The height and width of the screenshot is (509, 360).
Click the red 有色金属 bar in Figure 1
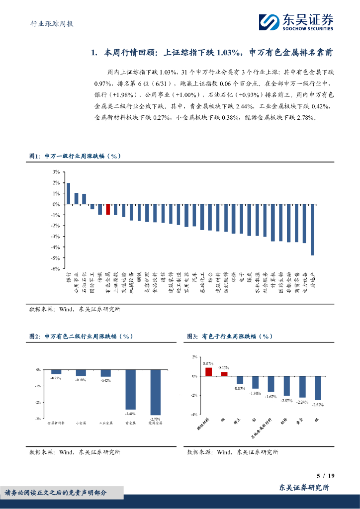click(108, 209)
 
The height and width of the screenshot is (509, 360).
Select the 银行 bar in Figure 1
click(68, 193)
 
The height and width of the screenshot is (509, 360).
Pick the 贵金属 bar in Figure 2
click(130, 389)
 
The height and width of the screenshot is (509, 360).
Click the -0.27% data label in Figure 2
click(56, 378)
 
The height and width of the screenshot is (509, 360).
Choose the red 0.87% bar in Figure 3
click(209, 371)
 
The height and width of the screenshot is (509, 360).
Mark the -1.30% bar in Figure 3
click(255, 382)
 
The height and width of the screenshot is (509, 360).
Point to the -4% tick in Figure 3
click(193, 414)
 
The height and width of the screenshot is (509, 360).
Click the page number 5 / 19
click(326, 476)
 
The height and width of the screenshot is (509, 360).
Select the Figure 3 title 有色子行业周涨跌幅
click(237, 337)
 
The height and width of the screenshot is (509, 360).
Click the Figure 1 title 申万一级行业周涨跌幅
click(83, 156)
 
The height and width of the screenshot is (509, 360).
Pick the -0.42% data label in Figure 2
click(105, 380)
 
